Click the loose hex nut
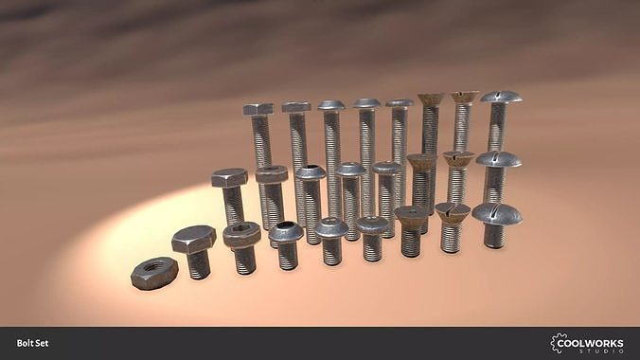[153, 274]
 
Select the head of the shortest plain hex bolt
[193, 238]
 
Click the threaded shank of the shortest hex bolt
[198, 264]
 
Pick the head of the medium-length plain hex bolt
[229, 177]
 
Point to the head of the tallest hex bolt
[258, 110]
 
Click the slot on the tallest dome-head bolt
[500, 97]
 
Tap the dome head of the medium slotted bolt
[498, 159]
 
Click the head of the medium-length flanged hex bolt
[271, 174]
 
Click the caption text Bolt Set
[32, 343]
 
